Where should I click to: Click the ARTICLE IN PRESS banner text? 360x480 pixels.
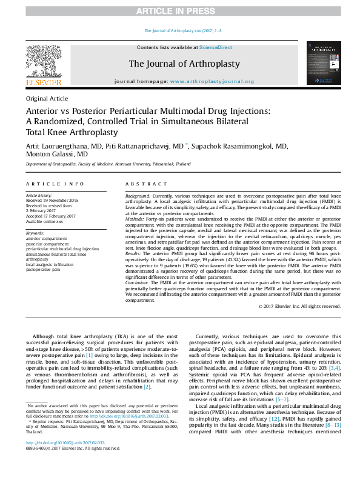point(180,11)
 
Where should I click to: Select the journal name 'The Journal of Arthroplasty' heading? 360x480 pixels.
point(184,64)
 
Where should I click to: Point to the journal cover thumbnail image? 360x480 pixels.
point(321,62)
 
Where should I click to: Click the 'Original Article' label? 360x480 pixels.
point(46,98)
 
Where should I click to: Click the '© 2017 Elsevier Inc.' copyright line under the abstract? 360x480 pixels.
point(299,306)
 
